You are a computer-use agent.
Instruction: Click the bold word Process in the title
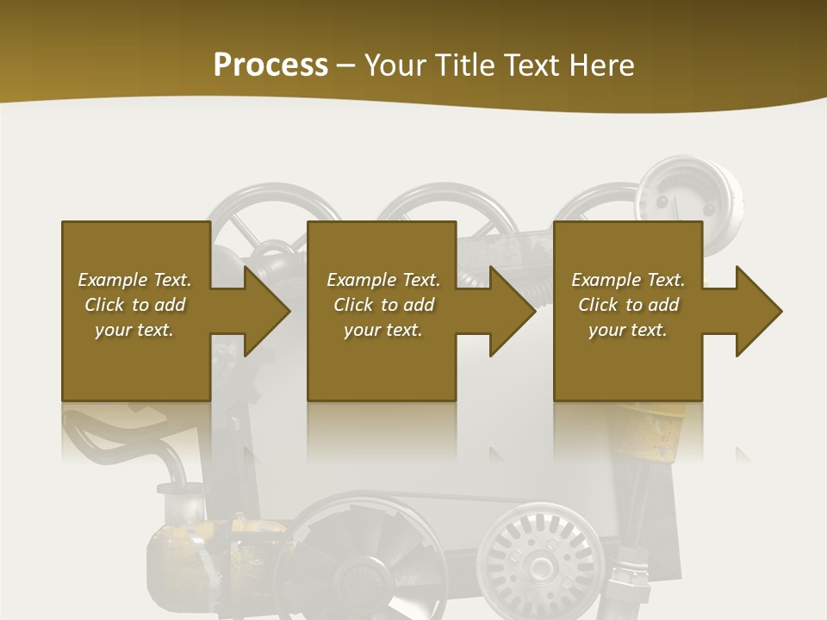270,65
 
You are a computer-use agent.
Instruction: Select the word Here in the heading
600,65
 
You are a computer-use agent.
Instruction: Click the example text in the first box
135,305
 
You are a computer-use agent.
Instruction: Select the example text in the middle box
383,305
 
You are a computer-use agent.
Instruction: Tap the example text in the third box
628,305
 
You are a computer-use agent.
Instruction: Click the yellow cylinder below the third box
655,431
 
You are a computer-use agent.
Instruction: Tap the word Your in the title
394,65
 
